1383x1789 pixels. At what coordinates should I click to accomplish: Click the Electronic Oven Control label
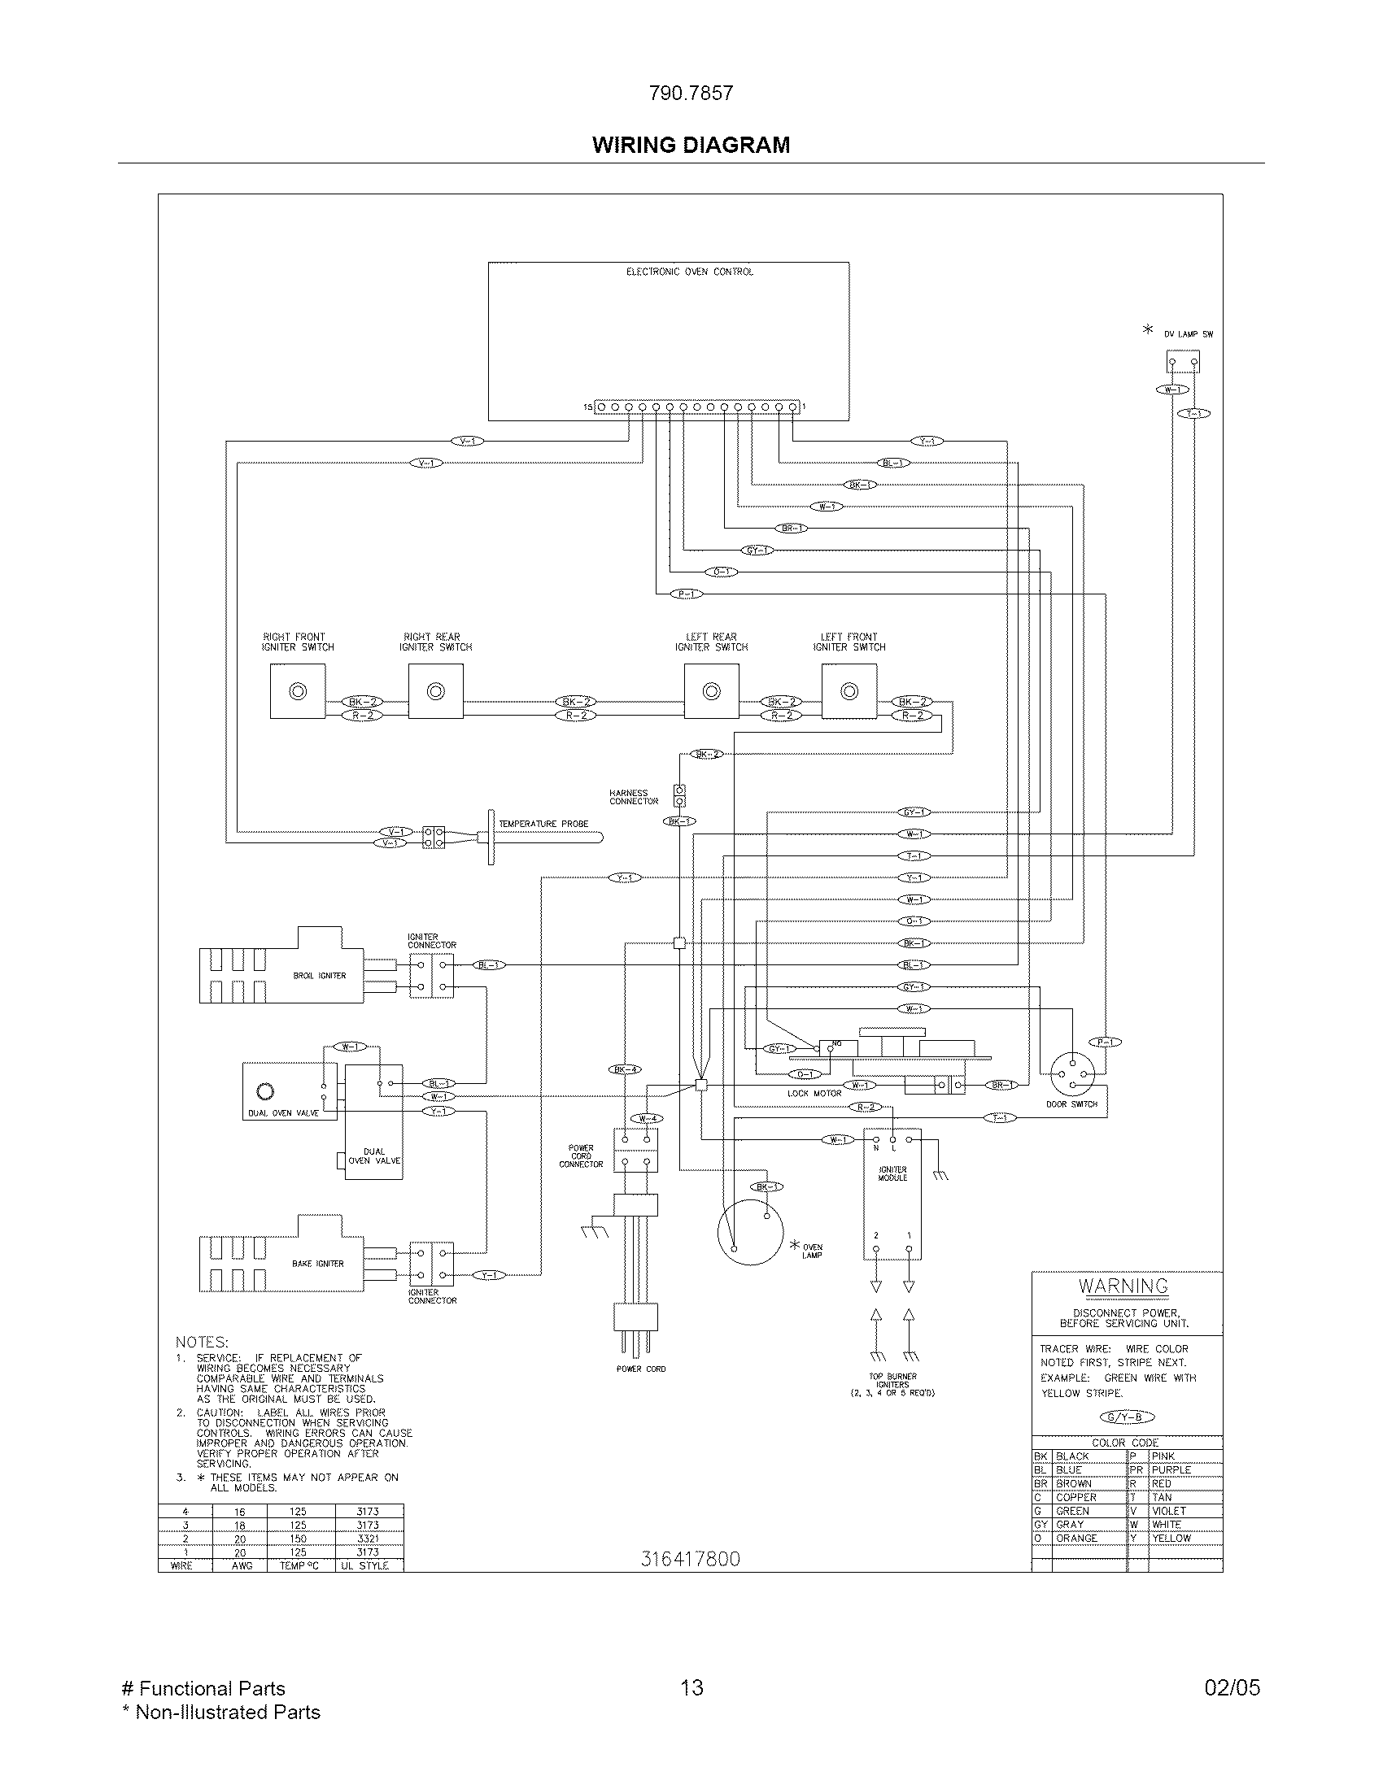(x=689, y=272)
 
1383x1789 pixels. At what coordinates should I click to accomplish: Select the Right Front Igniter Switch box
(x=298, y=691)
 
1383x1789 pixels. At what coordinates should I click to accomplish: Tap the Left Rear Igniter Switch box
(x=711, y=691)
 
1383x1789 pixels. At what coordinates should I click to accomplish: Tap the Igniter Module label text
(x=892, y=1173)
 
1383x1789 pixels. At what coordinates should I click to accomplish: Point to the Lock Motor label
(x=814, y=1093)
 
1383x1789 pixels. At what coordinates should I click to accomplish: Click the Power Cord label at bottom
(x=641, y=1369)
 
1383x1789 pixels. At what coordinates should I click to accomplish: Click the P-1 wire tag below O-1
(x=686, y=594)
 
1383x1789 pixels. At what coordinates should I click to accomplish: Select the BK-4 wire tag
(x=625, y=1069)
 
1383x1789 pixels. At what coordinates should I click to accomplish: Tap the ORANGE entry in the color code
(x=1075, y=1539)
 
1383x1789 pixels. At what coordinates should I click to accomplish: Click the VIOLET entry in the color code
(x=1168, y=1511)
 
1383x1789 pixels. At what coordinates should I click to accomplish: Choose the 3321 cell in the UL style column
(x=368, y=1539)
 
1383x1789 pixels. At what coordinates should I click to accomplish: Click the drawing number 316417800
(x=690, y=1559)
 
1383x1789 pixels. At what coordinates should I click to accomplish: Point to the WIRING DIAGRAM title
(x=691, y=145)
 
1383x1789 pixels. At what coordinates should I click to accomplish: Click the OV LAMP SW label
(x=1188, y=334)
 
